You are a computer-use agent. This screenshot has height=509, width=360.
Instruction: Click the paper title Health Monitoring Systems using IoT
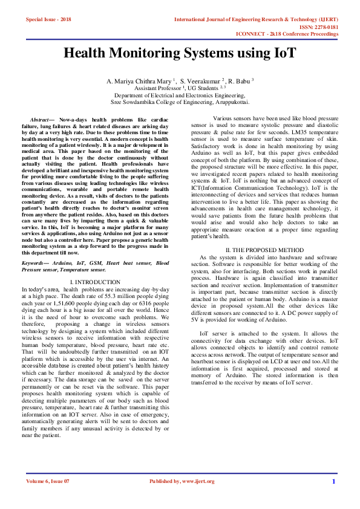(x=180, y=54)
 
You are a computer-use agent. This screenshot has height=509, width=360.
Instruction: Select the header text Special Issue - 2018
(x=48, y=20)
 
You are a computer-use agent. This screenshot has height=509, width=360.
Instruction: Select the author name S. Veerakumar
(x=202, y=80)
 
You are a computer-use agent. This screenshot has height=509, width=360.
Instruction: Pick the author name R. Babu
(x=240, y=80)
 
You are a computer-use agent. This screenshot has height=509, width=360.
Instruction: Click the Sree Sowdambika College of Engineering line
(x=180, y=102)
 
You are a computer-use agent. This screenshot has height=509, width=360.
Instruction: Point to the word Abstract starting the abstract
(x=41, y=122)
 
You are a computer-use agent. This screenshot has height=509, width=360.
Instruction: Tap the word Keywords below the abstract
(x=36, y=264)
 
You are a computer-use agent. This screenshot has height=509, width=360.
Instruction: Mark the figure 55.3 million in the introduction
(x=111, y=296)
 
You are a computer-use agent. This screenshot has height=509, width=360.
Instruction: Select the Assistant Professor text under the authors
(x=154, y=88)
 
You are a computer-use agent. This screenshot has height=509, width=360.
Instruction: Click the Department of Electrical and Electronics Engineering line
(x=180, y=95)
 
